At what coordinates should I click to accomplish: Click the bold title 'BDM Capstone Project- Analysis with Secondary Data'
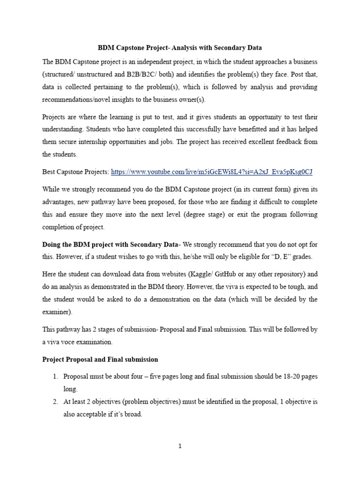(x=180, y=48)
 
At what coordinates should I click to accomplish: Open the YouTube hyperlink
(x=211, y=172)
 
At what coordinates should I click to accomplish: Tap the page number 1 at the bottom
(x=180, y=446)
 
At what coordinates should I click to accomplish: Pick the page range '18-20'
(x=287, y=377)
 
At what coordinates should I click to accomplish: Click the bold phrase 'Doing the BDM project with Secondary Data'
(x=111, y=244)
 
